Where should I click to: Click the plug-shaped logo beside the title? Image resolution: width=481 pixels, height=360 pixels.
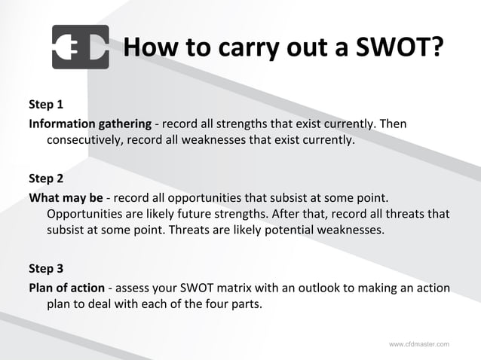[80, 47]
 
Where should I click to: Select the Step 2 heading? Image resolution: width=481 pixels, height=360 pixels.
[46, 179]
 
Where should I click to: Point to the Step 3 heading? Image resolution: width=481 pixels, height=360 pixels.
[46, 269]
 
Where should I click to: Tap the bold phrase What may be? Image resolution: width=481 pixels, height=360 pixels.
[66, 197]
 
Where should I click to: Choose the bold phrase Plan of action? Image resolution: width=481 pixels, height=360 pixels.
[68, 287]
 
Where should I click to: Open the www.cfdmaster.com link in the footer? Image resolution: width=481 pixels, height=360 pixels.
[419, 344]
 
